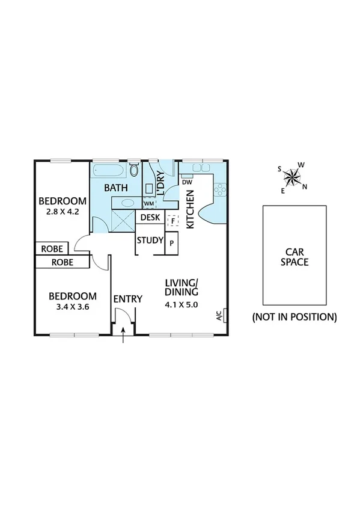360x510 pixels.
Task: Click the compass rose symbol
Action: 294,176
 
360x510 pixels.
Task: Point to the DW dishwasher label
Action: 186,182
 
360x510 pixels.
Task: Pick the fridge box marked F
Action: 172,221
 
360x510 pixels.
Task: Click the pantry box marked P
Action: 172,243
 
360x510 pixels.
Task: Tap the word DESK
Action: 150,217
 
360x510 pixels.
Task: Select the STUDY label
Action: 150,241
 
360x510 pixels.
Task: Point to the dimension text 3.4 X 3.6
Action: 72,306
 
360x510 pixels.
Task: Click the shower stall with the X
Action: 124,221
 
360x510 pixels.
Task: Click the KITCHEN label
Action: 190,209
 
